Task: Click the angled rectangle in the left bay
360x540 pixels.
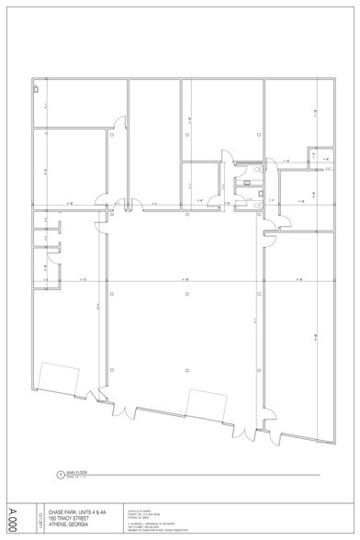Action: [x=58, y=377]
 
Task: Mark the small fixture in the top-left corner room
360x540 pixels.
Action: [x=36, y=89]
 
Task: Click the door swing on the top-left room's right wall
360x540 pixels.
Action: [x=118, y=121]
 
